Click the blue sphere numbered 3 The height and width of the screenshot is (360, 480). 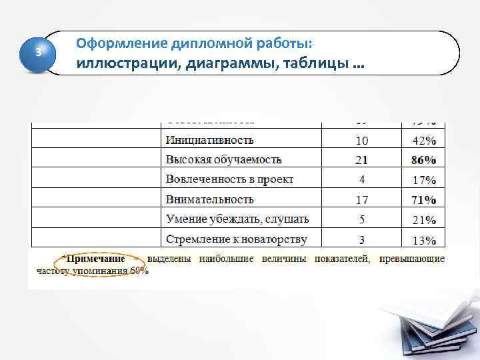click(x=39, y=53)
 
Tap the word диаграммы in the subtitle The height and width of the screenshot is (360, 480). click(x=224, y=65)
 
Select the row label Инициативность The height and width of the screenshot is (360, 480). click(x=210, y=140)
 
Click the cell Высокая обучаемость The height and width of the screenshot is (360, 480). click(x=224, y=159)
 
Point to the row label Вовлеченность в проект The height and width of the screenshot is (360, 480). click(x=230, y=179)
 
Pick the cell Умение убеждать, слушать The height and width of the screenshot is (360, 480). click(x=237, y=219)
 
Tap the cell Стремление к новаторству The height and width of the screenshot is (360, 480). click(x=237, y=239)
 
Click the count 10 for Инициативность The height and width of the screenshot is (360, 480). click(x=361, y=141)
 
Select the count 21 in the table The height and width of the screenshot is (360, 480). click(x=361, y=160)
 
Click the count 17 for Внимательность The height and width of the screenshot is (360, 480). click(x=361, y=199)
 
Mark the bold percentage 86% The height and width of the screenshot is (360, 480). click(x=424, y=160)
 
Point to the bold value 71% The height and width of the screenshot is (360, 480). click(x=424, y=199)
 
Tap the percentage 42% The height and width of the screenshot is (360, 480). click(x=424, y=141)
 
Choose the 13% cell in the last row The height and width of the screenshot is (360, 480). click(x=424, y=240)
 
